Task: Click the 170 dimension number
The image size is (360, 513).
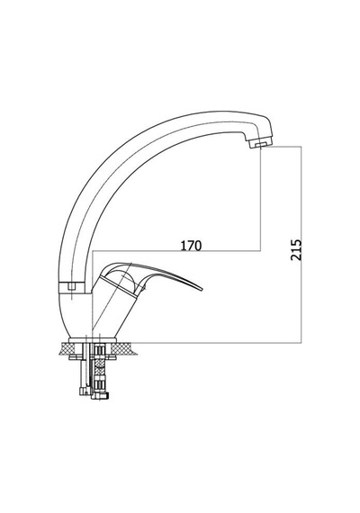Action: [192, 246]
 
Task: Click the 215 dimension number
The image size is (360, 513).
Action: [296, 250]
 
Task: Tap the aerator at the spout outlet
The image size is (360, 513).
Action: [260, 143]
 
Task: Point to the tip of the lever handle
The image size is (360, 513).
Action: [202, 290]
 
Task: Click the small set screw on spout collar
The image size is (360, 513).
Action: [72, 287]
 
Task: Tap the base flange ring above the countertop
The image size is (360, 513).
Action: [93, 339]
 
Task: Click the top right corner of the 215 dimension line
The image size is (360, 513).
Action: [301, 146]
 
